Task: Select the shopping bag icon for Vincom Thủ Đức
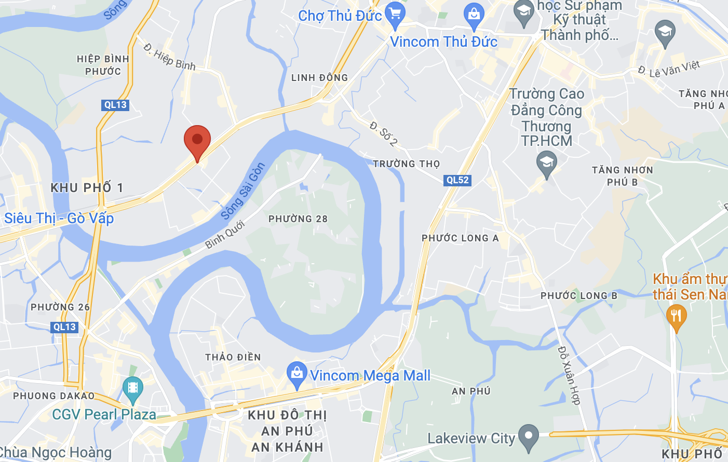tap(474, 15)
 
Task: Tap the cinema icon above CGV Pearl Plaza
tap(132, 388)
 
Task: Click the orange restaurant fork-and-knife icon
tap(676, 316)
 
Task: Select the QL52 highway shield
tap(457, 180)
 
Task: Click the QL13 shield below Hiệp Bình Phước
tap(115, 105)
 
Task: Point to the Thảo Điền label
tap(233, 357)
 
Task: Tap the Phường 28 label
tap(298, 219)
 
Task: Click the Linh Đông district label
tap(320, 78)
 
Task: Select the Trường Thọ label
tap(407, 164)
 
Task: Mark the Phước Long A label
tap(460, 238)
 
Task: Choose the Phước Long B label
tap(579, 296)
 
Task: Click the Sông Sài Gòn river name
tap(243, 191)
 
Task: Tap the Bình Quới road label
tap(224, 235)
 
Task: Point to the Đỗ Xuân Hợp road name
tap(569, 375)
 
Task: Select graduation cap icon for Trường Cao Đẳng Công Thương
tap(546, 162)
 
